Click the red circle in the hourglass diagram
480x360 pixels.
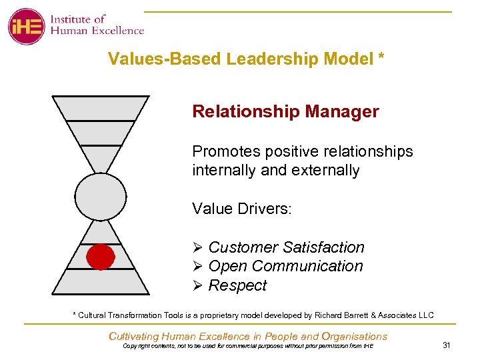point(100,257)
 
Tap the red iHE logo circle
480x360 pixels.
point(26,27)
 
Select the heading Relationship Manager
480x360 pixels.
point(285,111)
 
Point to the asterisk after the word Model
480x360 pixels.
point(381,57)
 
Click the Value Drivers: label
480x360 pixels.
point(242,209)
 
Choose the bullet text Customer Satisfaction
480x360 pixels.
point(287,247)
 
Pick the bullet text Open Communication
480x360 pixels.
point(286,266)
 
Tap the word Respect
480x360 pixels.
point(237,285)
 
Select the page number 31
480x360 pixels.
point(447,345)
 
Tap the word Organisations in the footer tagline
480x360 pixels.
point(354,337)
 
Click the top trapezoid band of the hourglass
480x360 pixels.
point(100,108)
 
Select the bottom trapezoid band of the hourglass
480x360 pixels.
point(100,281)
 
